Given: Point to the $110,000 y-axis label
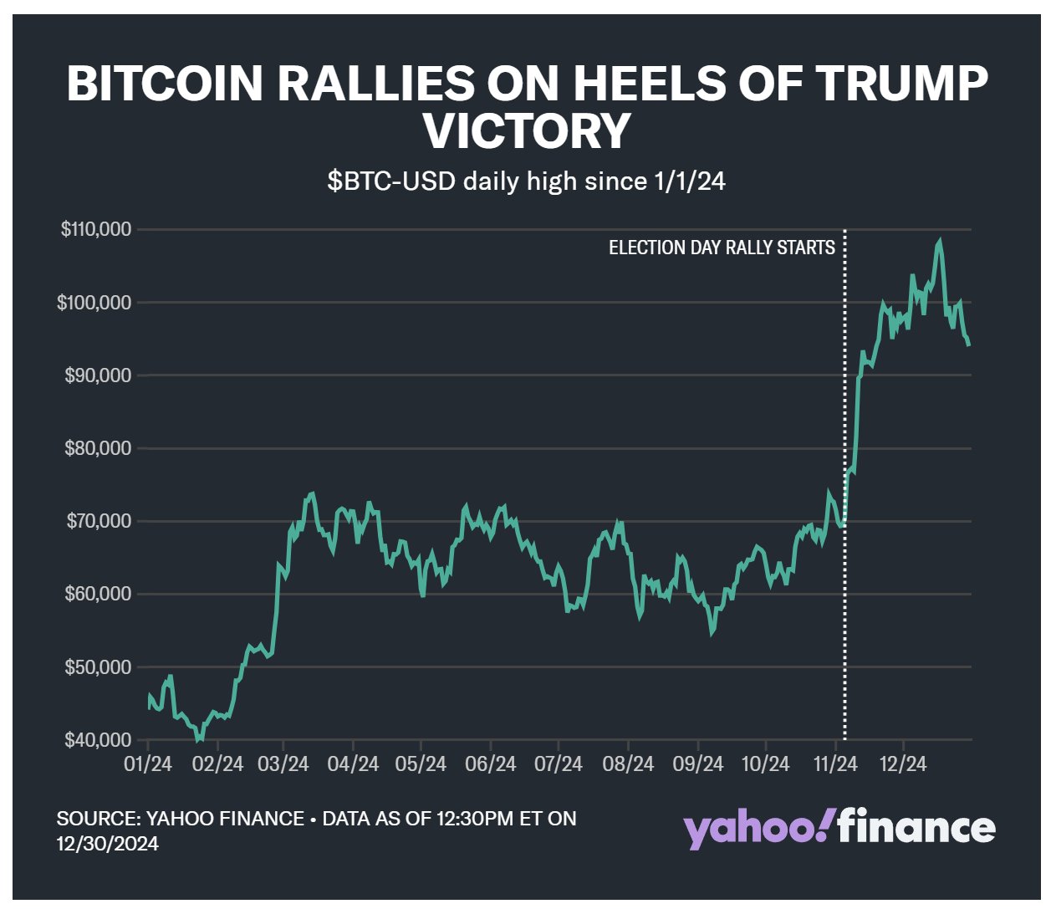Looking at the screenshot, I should coord(96,229).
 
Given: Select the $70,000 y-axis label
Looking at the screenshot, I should coord(98,522).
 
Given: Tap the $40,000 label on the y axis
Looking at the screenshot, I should coord(98,740).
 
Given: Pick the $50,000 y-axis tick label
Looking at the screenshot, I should coord(98,667).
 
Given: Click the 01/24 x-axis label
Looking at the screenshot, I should coord(148,764).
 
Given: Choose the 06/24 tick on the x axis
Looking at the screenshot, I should coord(490,764).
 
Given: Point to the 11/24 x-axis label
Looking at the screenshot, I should coord(834,764).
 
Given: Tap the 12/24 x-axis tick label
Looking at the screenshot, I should coord(902,764).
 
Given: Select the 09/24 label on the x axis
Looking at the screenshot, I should coord(698,764).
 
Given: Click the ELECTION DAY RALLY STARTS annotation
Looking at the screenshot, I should coord(722,248).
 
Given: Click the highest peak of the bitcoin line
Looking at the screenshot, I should coord(940,242).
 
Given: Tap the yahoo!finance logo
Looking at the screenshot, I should coord(839,828).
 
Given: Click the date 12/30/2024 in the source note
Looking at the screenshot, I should coord(108,844).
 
